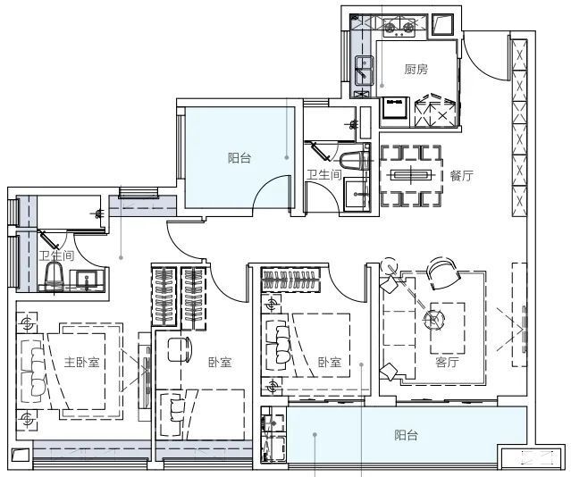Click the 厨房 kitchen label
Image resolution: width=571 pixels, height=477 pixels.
(416, 69)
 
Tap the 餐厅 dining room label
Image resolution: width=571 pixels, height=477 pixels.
(462, 176)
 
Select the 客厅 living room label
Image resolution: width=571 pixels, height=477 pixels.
(447, 362)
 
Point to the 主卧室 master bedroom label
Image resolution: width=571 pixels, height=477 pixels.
(82, 363)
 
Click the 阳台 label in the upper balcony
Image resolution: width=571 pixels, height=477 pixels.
(239, 158)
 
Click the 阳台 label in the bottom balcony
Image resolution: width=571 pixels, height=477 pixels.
(406, 435)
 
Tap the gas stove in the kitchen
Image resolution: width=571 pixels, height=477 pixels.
(399, 28)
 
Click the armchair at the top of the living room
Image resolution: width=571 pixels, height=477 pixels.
(442, 273)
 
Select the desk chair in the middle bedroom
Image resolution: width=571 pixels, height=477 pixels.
(180, 349)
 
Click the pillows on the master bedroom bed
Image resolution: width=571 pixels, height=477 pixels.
(38, 372)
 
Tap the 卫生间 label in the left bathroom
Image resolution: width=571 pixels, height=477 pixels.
(56, 255)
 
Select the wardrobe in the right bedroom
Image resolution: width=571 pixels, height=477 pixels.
(291, 280)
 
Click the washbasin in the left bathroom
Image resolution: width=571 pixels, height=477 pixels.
(87, 280)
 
